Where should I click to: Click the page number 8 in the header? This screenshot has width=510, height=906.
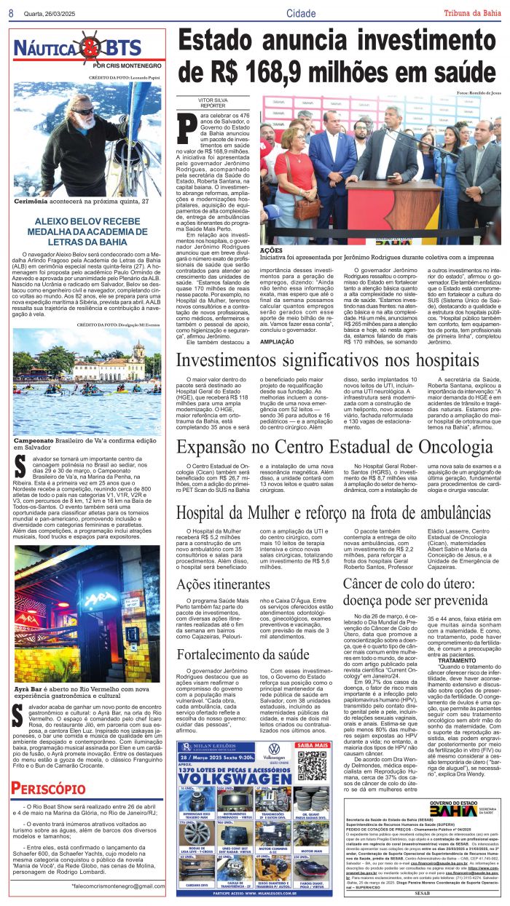click(11, 14)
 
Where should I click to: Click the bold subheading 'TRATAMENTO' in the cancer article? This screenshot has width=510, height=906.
click(457, 660)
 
